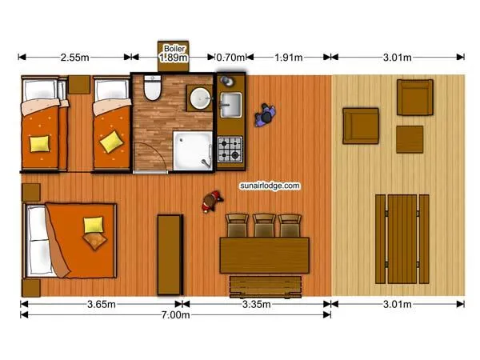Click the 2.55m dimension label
coord(74,58)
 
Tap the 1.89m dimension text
coord(174,58)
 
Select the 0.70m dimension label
coord(230,58)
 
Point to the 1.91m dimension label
coord(288,58)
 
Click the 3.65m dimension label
coord(102,304)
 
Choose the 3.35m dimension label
coord(257,304)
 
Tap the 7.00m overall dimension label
coord(175,314)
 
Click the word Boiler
coord(174,48)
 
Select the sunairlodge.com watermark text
coord(270,186)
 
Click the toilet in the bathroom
coord(152,88)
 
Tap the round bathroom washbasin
coord(201,98)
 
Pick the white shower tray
coord(193,151)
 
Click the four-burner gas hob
coord(230,149)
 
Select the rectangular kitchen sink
coord(231,105)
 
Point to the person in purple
coord(265,115)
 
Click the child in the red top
coord(212,201)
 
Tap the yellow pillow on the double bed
coord(94,225)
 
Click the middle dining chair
coord(264,226)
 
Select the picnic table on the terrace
coord(402,239)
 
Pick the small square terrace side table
coord(410,139)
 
